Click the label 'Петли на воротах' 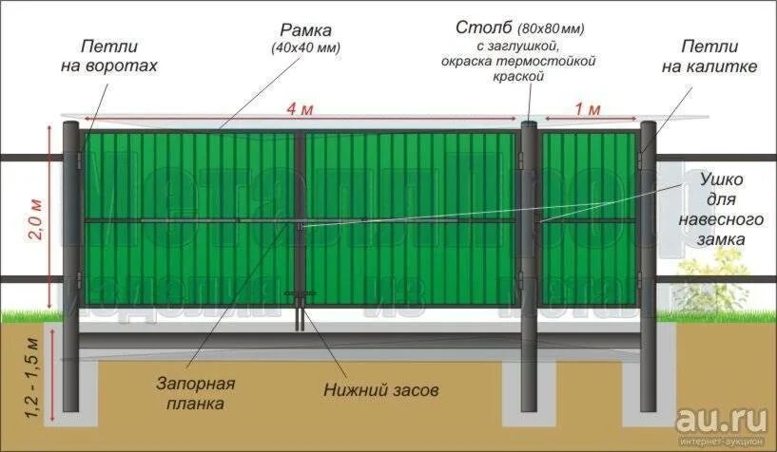(117, 56)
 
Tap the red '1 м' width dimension (587, 109)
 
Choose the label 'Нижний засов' (380, 389)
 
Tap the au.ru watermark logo (720, 419)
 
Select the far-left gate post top (71, 125)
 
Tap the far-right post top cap (647, 124)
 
